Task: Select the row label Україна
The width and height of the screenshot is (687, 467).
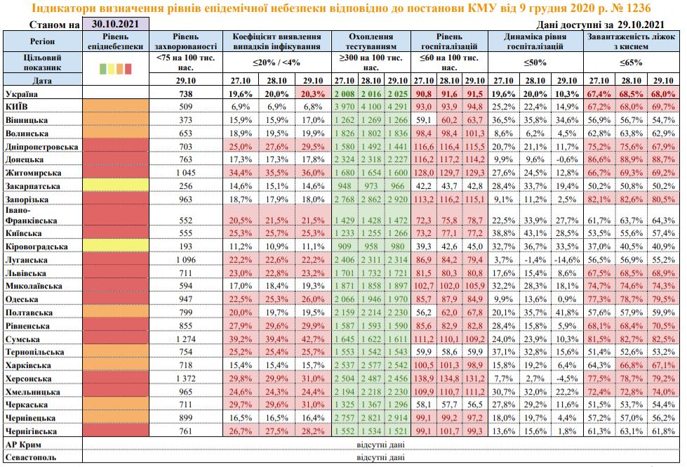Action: [x=21, y=93]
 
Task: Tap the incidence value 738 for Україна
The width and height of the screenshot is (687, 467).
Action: [x=185, y=93]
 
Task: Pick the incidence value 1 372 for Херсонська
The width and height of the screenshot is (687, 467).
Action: [x=185, y=378]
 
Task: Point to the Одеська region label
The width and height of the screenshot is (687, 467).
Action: [x=22, y=298]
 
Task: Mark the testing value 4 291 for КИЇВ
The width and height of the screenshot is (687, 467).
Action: [x=398, y=106]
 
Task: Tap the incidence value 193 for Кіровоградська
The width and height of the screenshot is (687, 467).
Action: [x=185, y=246]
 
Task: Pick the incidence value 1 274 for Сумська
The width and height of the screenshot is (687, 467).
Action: [x=185, y=338]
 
